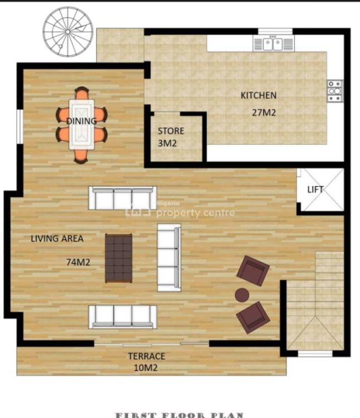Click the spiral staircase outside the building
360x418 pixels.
69,31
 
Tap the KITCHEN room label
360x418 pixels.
258,95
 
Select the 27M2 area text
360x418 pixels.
264,112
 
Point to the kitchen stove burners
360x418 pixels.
334,91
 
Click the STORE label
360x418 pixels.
171,132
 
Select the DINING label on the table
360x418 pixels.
81,121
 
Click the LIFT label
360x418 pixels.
315,189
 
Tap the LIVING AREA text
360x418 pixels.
57,239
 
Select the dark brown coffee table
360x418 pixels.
119,258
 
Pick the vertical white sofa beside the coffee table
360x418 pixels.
169,257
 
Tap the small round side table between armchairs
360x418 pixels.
242,295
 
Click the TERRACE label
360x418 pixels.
147,356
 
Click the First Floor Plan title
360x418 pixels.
179,414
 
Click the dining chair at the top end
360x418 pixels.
82,93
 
